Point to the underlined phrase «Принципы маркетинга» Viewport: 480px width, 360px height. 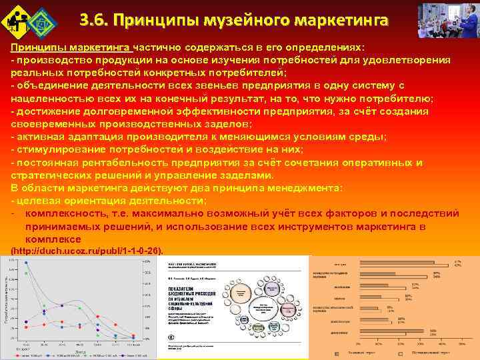70,49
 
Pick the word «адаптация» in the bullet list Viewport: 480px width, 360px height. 91,137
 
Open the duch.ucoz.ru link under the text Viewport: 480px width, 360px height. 87,251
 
